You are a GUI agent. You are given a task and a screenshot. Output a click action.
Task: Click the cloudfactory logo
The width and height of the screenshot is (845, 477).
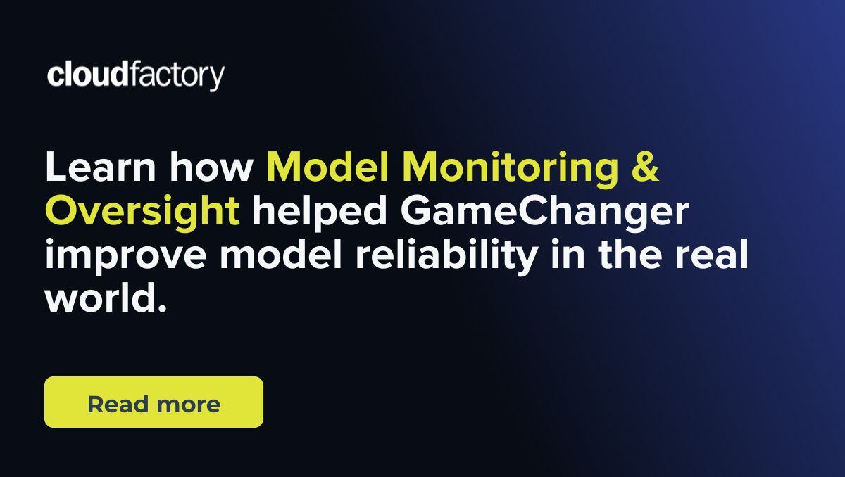[136, 75]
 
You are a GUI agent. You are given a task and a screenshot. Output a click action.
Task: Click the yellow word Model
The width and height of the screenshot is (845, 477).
[327, 167]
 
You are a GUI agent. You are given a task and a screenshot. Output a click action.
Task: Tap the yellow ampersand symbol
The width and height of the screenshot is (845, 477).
[644, 167]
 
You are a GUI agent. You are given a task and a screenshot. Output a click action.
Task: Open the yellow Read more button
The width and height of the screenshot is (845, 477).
[154, 402]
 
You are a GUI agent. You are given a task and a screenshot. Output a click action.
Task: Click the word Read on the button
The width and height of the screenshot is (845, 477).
[117, 404]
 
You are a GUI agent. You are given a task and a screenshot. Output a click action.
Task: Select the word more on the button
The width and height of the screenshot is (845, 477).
[188, 405]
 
